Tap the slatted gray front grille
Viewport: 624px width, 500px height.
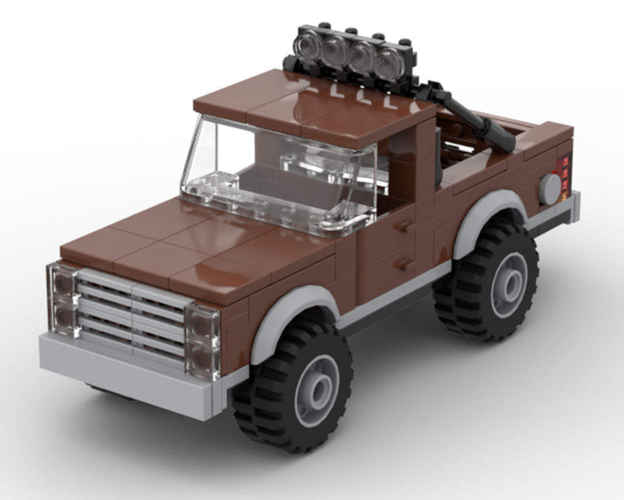131,316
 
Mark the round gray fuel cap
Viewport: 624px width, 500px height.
550,189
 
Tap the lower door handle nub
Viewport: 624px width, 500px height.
405,265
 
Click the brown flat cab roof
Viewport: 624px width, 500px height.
312,103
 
